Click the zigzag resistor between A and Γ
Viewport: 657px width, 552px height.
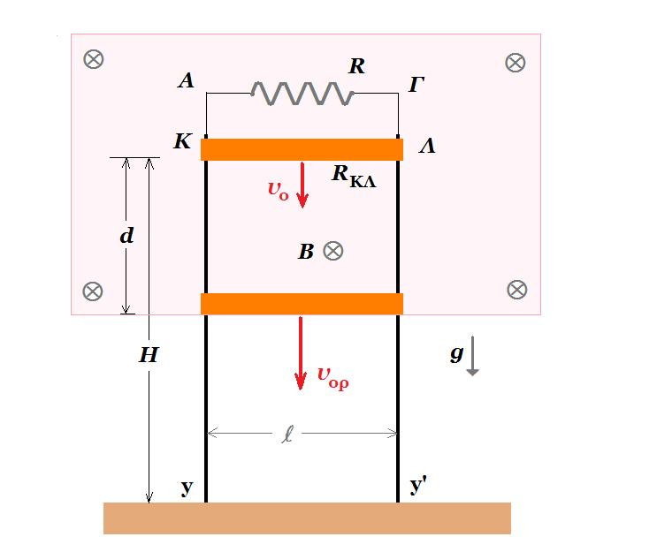(302, 94)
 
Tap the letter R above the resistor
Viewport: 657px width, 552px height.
(356, 66)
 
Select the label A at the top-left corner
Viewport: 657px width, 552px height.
(186, 80)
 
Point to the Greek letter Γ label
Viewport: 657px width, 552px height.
(416, 84)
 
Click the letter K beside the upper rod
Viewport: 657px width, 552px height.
(183, 141)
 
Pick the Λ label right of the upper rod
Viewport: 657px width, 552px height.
(427, 146)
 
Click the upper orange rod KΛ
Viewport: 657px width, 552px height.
(302, 149)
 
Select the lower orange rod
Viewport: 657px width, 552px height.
(302, 304)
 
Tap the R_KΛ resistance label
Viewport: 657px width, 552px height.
(354, 176)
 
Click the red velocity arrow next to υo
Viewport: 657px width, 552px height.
(302, 185)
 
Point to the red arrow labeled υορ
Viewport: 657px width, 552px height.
(300, 352)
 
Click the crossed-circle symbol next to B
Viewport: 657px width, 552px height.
(333, 251)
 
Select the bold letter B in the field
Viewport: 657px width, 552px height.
(306, 252)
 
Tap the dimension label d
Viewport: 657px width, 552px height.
(126, 236)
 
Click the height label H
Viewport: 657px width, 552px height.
(149, 355)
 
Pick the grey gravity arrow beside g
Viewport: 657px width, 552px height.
(473, 355)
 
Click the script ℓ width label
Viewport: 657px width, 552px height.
(287, 434)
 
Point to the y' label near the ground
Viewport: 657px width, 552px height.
(418, 486)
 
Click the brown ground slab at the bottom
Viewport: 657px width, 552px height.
(307, 518)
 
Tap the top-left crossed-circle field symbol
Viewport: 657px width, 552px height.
(94, 59)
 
